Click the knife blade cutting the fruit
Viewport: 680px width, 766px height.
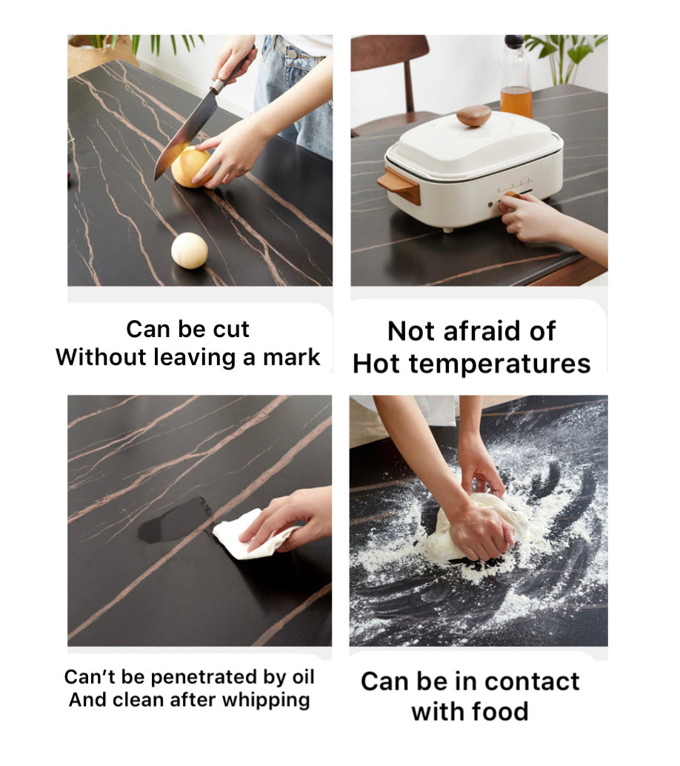coord(184,132)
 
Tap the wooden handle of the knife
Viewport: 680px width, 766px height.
coord(235,68)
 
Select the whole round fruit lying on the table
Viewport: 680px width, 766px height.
coord(190,250)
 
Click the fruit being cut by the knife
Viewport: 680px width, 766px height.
coord(192,167)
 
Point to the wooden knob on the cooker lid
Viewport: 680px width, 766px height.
coord(473,116)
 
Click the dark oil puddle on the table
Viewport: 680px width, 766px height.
coord(176,520)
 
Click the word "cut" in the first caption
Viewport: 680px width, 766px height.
coord(231,329)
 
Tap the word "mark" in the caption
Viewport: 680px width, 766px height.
coord(292,357)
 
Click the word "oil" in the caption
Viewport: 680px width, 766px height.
coord(304,676)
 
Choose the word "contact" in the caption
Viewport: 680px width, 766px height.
coord(533,682)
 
